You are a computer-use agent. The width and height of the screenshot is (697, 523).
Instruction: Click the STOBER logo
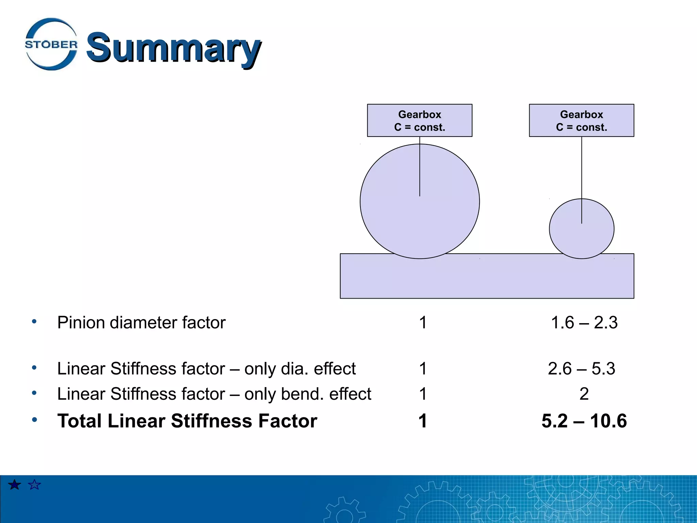51,44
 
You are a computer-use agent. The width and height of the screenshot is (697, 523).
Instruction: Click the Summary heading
174,48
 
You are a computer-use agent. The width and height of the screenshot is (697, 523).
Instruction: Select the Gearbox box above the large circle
419,121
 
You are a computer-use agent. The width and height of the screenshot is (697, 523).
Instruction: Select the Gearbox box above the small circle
581,121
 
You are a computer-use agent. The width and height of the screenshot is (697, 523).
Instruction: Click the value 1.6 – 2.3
584,322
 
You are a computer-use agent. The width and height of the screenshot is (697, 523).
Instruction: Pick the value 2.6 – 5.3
581,368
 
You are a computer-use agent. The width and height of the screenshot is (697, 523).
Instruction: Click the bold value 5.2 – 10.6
584,421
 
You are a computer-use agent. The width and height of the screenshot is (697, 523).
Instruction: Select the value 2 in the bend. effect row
584,394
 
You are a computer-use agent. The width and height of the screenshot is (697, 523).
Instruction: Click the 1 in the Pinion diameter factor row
423,322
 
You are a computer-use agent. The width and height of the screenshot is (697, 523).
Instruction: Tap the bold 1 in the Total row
423,421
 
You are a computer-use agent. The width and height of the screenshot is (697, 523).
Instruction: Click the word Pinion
81,322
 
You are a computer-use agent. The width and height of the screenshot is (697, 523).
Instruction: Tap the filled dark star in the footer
15,485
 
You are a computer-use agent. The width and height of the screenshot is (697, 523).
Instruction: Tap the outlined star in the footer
34,485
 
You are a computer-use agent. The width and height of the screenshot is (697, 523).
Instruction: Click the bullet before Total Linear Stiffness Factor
34,419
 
